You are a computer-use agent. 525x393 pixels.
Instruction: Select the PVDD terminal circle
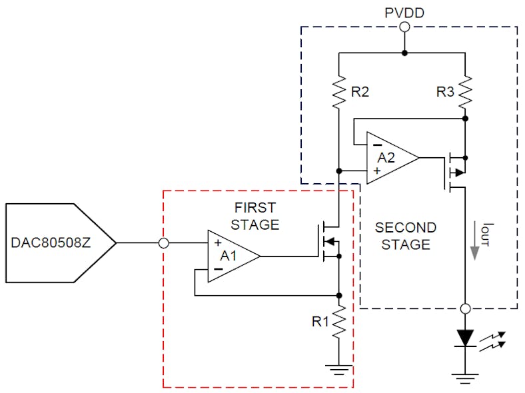(404, 27)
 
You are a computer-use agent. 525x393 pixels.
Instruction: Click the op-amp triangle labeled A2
(390, 159)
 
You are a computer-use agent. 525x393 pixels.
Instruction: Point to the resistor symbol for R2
(338, 92)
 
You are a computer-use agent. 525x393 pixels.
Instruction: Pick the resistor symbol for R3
(465, 92)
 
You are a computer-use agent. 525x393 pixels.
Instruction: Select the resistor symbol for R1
(338, 322)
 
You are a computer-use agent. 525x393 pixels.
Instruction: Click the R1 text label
(321, 322)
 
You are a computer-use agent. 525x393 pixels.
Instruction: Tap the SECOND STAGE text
(405, 236)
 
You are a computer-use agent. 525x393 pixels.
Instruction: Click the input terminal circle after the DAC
(164, 244)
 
